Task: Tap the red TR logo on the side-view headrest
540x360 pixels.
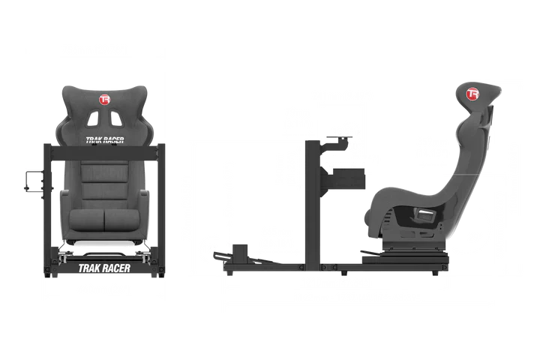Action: tap(472, 95)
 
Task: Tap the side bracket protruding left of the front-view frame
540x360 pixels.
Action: tap(34, 182)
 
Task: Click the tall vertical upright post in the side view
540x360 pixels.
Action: tap(307, 202)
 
